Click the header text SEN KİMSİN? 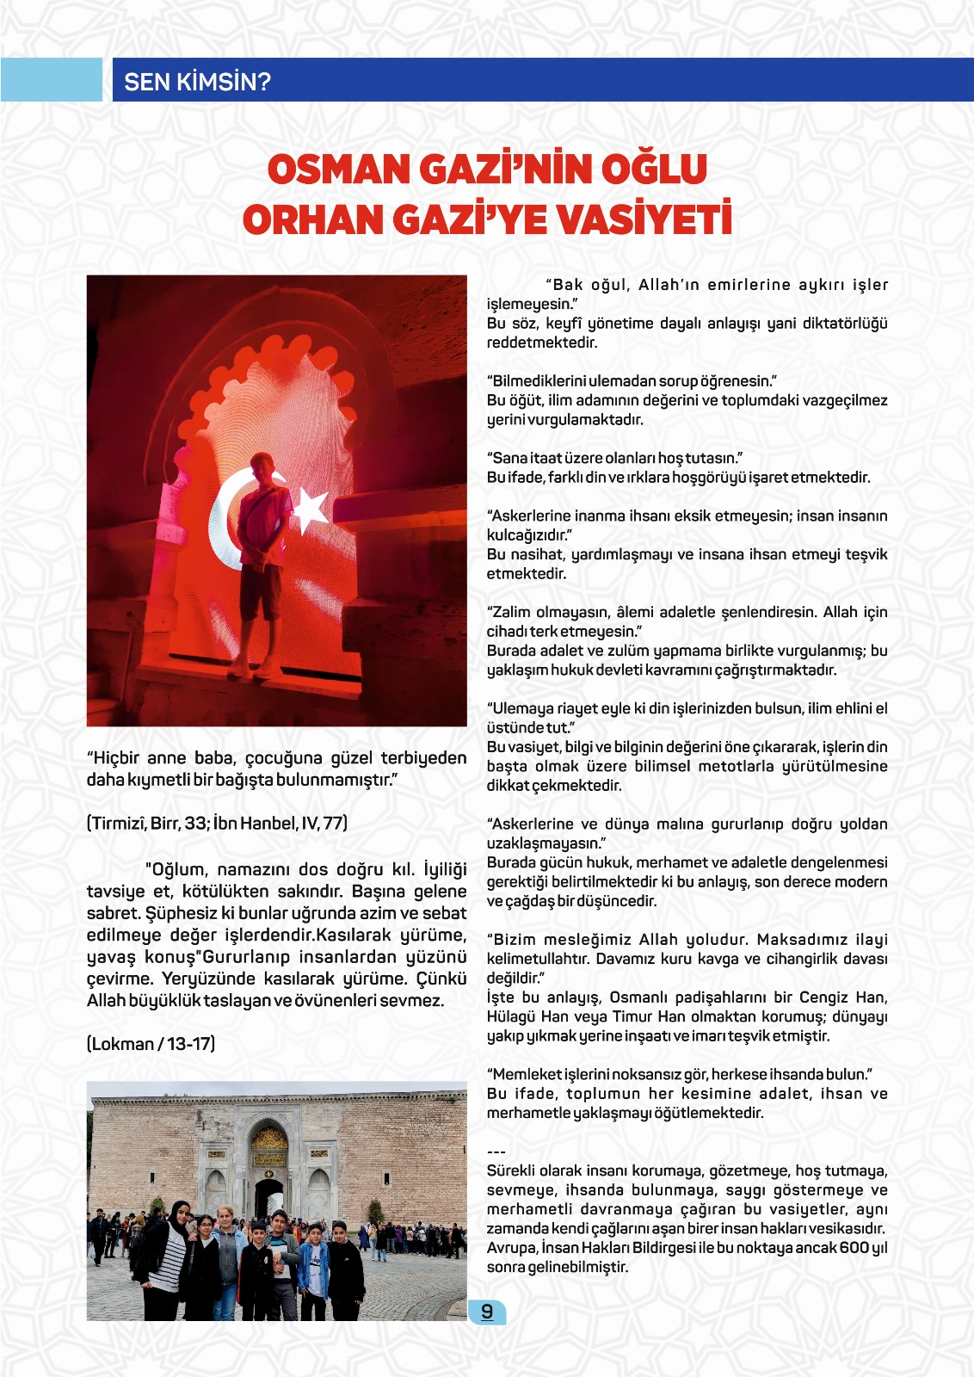point(197,82)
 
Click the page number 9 point(487,1312)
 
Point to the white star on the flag point(310,508)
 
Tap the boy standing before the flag point(261,551)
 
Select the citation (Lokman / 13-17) point(151,1044)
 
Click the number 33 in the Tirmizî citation point(195,823)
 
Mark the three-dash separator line point(496,1152)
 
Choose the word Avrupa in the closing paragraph point(510,1248)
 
